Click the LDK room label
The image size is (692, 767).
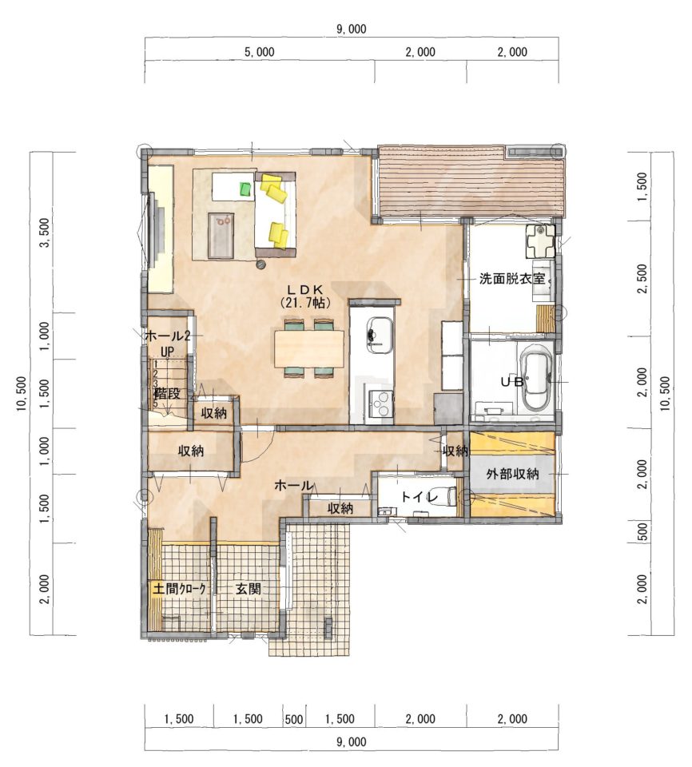[x=305, y=289]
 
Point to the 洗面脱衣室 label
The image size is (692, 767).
[x=511, y=279]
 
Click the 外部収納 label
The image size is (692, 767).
[x=512, y=474]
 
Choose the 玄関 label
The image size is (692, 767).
[x=249, y=589]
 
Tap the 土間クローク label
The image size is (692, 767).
[x=180, y=589]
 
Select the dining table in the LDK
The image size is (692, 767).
[x=309, y=348]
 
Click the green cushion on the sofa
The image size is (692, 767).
[x=246, y=189]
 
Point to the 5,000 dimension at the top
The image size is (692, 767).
[x=260, y=52]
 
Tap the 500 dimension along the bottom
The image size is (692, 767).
[x=293, y=719]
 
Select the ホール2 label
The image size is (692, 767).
[x=167, y=336]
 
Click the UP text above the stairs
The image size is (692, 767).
[x=167, y=352]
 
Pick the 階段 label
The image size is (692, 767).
[x=167, y=393]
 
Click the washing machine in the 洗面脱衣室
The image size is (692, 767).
[x=540, y=241]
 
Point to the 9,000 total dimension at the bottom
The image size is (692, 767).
[x=352, y=742]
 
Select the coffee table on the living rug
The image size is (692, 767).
[x=221, y=235]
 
